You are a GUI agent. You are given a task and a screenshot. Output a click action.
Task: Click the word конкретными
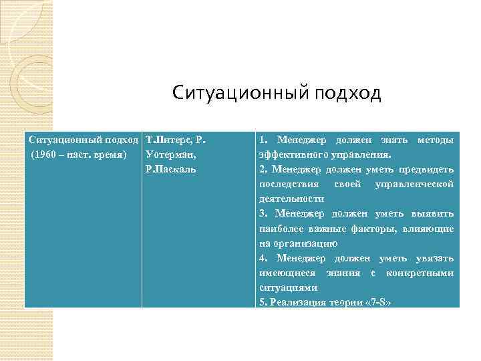(x=422, y=273)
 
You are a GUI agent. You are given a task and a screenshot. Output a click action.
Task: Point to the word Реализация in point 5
(x=292, y=302)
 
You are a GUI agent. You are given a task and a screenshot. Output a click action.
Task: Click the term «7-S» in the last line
(x=377, y=302)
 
